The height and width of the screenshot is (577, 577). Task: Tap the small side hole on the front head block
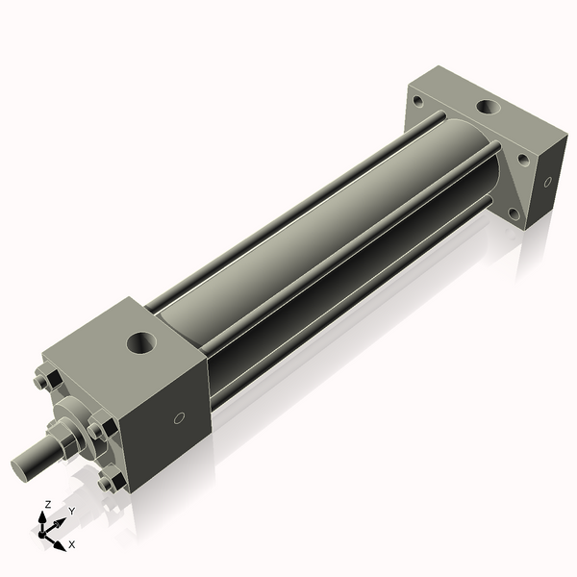[178, 418]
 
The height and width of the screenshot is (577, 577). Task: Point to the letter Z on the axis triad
[47, 504]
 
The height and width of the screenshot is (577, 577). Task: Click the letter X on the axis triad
[71, 544]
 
